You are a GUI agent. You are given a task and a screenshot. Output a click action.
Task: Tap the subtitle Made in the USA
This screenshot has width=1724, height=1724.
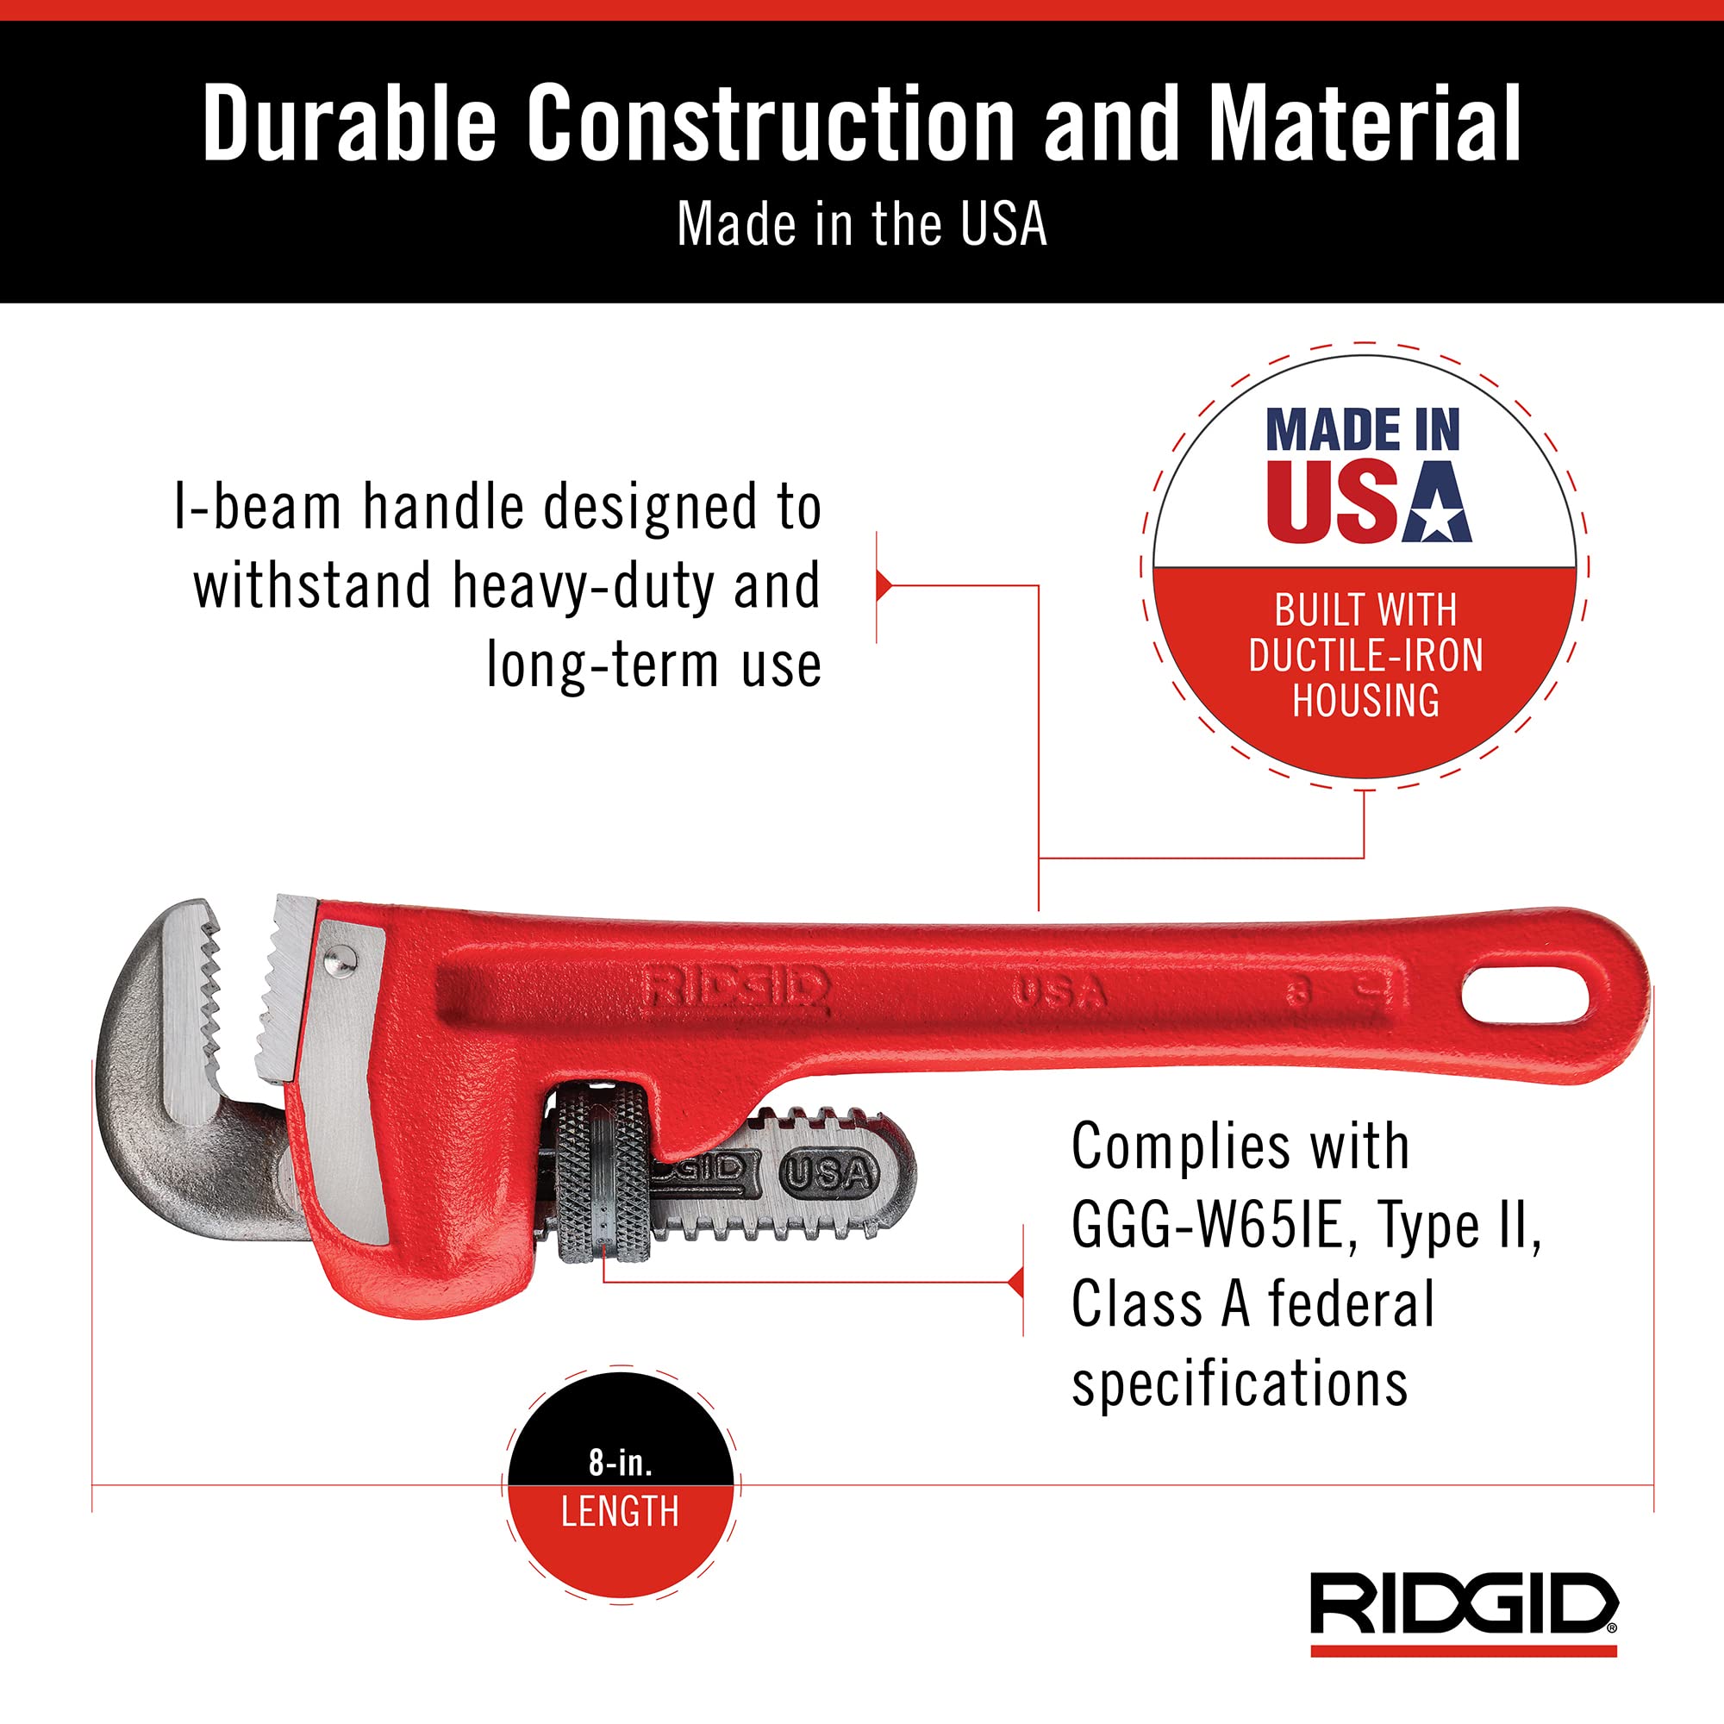pos(861,224)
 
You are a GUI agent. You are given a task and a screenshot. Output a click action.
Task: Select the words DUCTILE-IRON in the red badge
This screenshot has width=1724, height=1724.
pos(1365,656)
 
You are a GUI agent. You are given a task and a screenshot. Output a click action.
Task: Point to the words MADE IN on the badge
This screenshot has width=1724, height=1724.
pos(1363,430)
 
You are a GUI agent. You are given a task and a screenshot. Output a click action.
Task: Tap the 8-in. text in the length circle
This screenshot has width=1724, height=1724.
pos(620,1463)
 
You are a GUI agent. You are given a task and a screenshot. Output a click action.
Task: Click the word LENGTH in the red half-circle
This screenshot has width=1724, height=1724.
pos(620,1512)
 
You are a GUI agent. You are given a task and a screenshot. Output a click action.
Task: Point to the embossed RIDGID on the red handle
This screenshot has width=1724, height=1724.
pos(736,989)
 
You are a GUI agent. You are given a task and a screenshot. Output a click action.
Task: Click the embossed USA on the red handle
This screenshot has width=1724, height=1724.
pos(1059,992)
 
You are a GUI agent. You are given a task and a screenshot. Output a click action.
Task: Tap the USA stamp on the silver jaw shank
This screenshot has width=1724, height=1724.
pos(828,1173)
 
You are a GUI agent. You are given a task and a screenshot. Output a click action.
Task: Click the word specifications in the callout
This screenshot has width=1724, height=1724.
pos(1240,1384)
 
